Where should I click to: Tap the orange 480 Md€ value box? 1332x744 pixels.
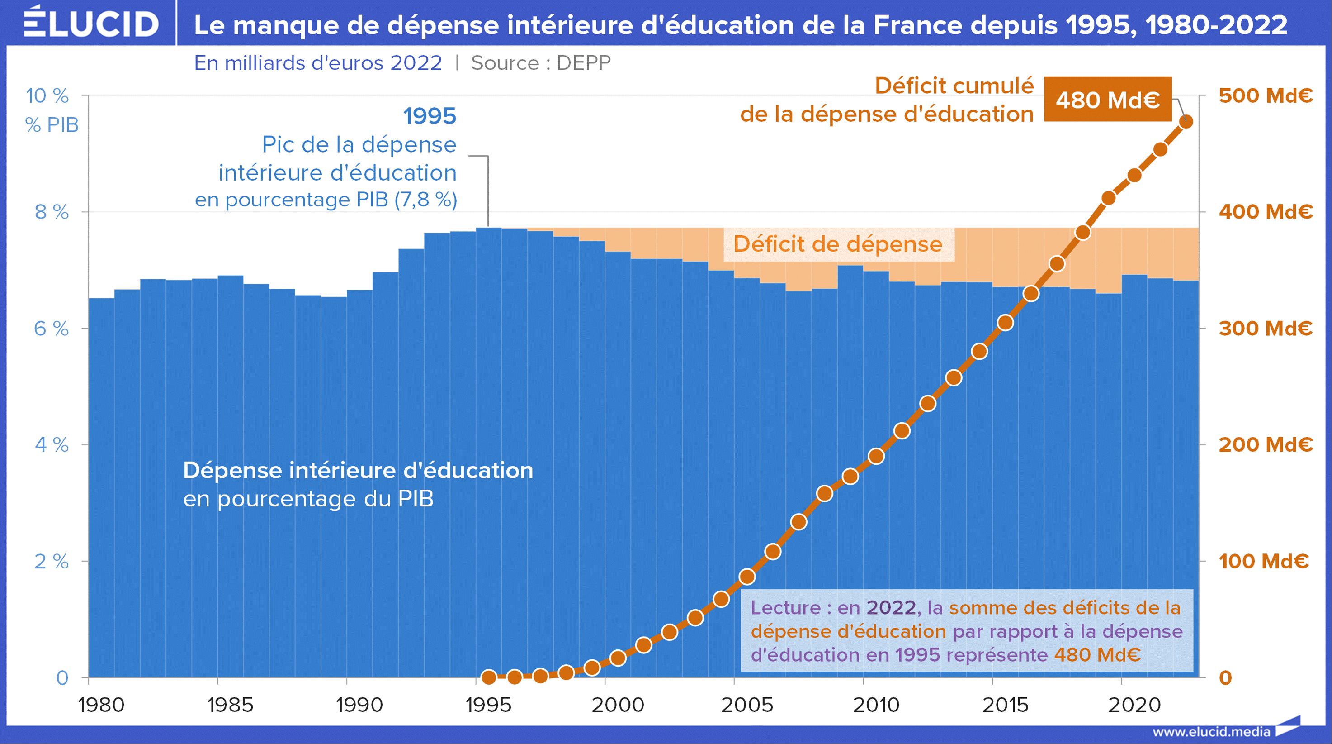pyautogui.click(x=1108, y=100)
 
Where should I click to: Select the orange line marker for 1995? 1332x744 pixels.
pyautogui.click(x=489, y=677)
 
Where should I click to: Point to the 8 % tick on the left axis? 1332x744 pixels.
pyautogui.click(x=52, y=212)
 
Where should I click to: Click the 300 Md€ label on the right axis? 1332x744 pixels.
pyautogui.click(x=1265, y=328)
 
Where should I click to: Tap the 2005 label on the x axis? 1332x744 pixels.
pyautogui.click(x=746, y=705)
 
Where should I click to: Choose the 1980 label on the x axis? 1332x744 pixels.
pyautogui.click(x=101, y=705)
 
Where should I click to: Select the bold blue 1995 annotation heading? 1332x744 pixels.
pyautogui.click(x=430, y=116)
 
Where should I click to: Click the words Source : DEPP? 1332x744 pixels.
pyautogui.click(x=541, y=63)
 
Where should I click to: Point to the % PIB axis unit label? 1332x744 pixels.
pyautogui.click(x=52, y=125)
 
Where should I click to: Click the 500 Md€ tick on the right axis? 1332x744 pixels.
pyautogui.click(x=1265, y=95)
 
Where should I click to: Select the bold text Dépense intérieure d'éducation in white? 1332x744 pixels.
pyautogui.click(x=358, y=471)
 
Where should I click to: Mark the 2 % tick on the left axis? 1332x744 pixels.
pyautogui.click(x=52, y=561)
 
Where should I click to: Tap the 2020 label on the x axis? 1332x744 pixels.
pyautogui.click(x=1134, y=705)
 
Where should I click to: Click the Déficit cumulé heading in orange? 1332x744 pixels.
pyautogui.click(x=954, y=86)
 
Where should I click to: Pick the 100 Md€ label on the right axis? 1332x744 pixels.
pyautogui.click(x=1263, y=561)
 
